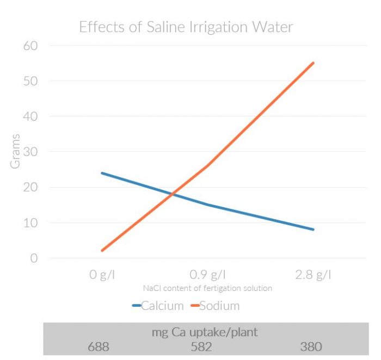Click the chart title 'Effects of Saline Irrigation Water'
pos(186,27)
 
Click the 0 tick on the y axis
pos(33,258)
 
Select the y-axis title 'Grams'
pos(15,151)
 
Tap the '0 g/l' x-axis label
pos(102,275)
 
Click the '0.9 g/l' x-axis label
pos(207,275)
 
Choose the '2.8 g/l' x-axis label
pos(313,275)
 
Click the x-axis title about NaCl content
pos(207,288)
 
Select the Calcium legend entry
pos(158,306)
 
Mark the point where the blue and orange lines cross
pos(173,194)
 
